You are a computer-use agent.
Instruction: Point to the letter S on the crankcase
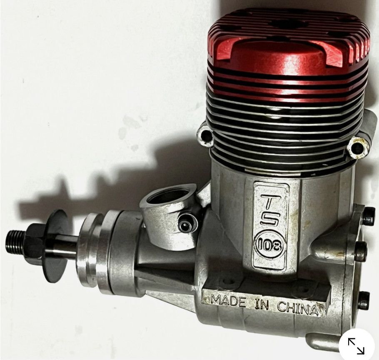click(270, 222)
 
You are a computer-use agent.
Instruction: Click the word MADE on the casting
click(229, 301)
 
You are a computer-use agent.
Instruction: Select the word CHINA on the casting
click(297, 309)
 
